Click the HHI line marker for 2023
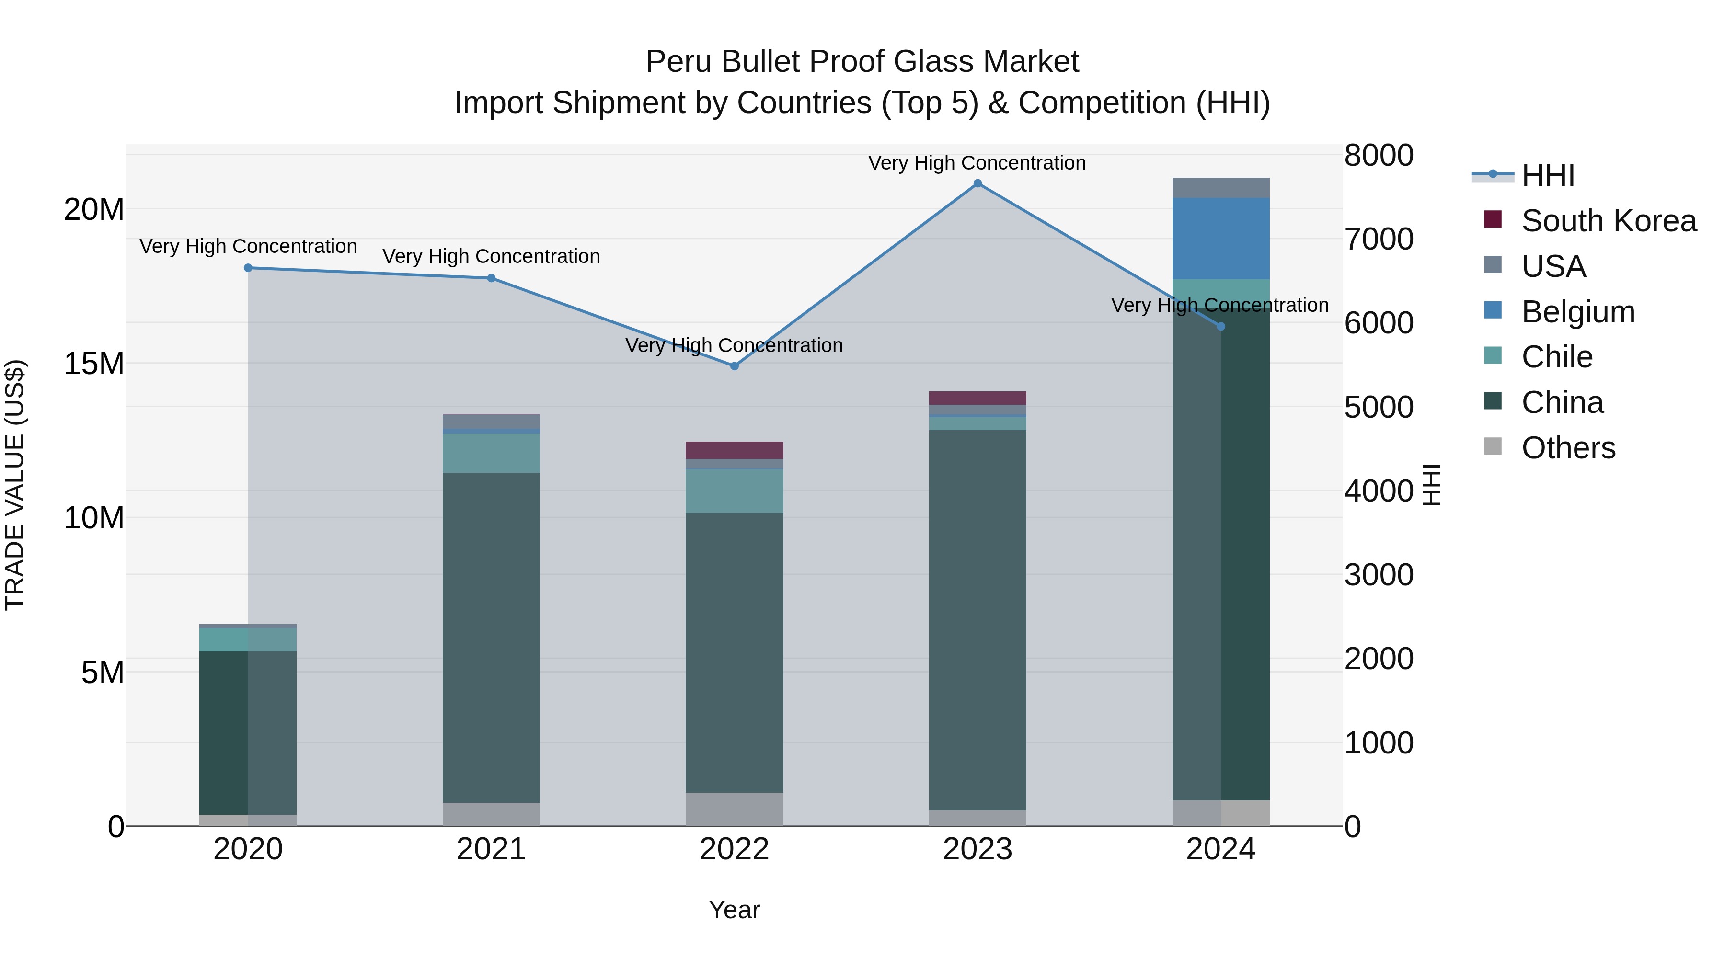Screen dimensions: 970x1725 (977, 183)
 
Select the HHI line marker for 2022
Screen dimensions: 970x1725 (734, 366)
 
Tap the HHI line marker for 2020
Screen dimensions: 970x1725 (248, 268)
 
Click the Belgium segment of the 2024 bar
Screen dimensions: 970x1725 (1221, 239)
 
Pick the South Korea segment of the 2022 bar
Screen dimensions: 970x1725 (734, 450)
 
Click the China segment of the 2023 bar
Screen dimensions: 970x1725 (977, 619)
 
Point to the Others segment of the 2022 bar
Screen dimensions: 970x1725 (734, 810)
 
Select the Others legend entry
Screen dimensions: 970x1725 (1568, 448)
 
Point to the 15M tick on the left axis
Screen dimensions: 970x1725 (94, 364)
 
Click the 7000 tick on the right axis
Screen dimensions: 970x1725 (1378, 239)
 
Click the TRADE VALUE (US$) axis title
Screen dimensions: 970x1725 (15, 485)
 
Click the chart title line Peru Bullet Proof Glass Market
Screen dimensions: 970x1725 (862, 62)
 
